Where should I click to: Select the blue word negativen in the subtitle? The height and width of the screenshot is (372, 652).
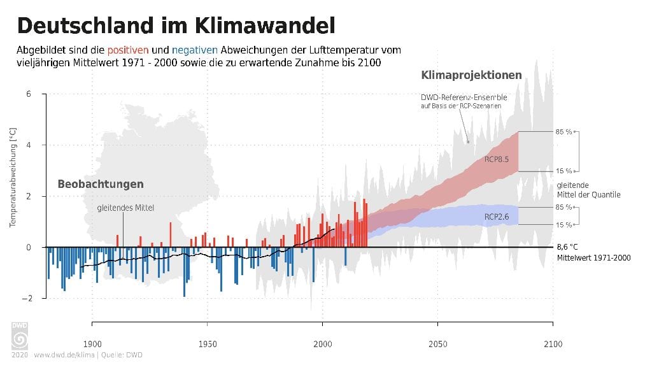click(195, 50)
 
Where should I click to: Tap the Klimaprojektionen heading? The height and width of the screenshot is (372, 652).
click(471, 75)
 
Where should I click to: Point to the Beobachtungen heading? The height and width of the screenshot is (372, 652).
click(101, 184)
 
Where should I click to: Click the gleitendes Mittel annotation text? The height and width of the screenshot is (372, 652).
click(125, 208)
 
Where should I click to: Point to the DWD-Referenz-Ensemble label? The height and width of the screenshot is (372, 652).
click(464, 97)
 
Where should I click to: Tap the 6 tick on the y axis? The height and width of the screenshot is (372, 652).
click(28, 94)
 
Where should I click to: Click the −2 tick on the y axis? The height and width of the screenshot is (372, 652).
click(25, 298)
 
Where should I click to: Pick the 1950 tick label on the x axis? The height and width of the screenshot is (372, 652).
click(208, 344)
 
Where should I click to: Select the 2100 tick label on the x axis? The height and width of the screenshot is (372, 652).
click(553, 344)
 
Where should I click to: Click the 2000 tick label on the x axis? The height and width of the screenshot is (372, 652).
click(323, 344)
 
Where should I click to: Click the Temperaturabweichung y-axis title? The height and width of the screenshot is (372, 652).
click(12, 176)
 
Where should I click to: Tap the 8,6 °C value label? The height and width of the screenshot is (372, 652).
click(567, 247)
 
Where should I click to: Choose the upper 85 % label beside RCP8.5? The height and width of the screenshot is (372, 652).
click(562, 132)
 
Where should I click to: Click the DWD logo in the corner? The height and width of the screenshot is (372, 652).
click(20, 336)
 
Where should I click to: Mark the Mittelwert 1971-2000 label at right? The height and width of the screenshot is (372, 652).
click(593, 258)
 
